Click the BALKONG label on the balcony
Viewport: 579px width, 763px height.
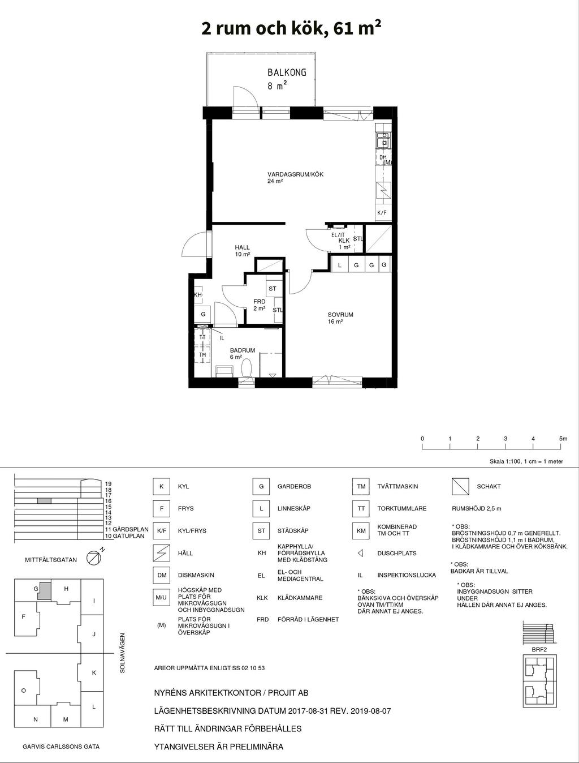coord(287,72)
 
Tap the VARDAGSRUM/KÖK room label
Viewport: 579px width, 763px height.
coord(295,174)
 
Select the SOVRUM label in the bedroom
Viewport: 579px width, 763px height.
coord(340,315)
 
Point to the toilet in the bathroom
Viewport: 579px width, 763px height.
coord(246,368)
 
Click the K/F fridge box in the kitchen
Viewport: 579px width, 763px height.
coord(383,212)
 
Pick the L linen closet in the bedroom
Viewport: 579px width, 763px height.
coord(340,265)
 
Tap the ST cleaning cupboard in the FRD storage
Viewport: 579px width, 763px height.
coord(273,289)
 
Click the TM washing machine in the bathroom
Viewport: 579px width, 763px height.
coord(202,354)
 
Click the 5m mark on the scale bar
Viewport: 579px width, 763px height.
coord(563,438)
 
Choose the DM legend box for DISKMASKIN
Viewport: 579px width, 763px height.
coord(161,575)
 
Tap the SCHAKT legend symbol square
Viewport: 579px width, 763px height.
coord(460,486)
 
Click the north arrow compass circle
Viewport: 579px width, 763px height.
coord(93,558)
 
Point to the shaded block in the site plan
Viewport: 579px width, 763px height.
coord(45,590)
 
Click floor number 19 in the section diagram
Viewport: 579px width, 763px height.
coord(108,483)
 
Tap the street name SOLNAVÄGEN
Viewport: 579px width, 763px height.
coord(122,653)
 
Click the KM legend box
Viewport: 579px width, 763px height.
coord(361,531)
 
